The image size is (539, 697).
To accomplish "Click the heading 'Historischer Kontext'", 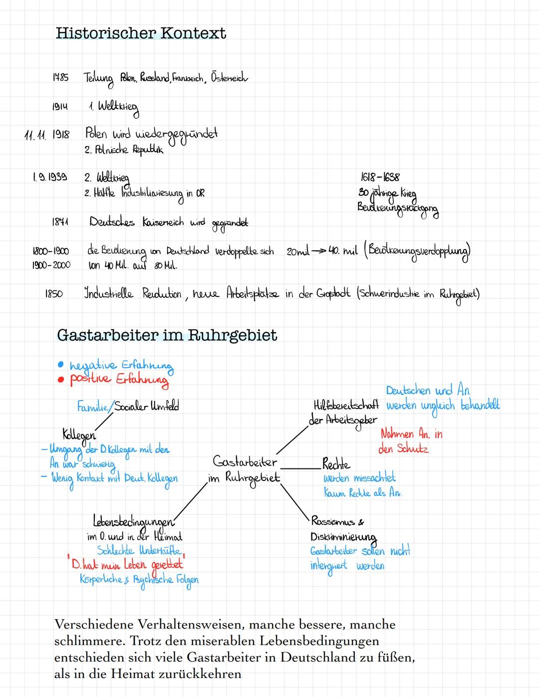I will tap(141, 33).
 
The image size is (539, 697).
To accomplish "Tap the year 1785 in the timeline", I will tap(60, 78).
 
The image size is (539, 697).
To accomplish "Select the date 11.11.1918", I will tap(48, 135).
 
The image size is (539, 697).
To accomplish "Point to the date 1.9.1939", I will tap(49, 177).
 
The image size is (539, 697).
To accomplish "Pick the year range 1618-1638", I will tap(380, 177).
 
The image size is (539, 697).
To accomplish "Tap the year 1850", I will tap(54, 294).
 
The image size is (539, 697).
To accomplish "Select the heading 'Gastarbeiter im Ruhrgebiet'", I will tap(167, 335).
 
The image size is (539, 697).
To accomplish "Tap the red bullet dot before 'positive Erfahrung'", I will tap(61, 379).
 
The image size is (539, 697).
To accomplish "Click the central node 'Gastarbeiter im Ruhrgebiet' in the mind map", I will tap(244, 469).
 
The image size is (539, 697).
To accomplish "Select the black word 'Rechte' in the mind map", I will tap(336, 464).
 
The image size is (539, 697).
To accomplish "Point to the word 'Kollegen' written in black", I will tap(79, 434).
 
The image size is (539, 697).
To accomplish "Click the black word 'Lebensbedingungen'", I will tap(133, 522).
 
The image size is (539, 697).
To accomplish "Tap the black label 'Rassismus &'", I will tap(337, 522).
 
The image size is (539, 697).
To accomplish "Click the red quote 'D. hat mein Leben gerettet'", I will tap(127, 564).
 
